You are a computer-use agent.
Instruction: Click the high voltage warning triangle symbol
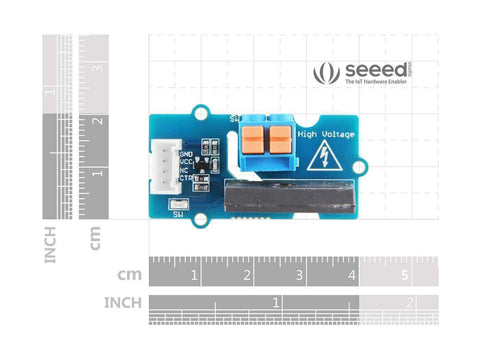pyautogui.click(x=325, y=157)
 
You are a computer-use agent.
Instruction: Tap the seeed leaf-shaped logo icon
pyautogui.click(x=326, y=73)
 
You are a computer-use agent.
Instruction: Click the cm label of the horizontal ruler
pyautogui.click(x=129, y=274)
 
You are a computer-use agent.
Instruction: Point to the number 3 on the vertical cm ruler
pyautogui.click(x=97, y=68)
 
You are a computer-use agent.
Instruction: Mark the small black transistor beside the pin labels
pyautogui.click(x=207, y=164)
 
